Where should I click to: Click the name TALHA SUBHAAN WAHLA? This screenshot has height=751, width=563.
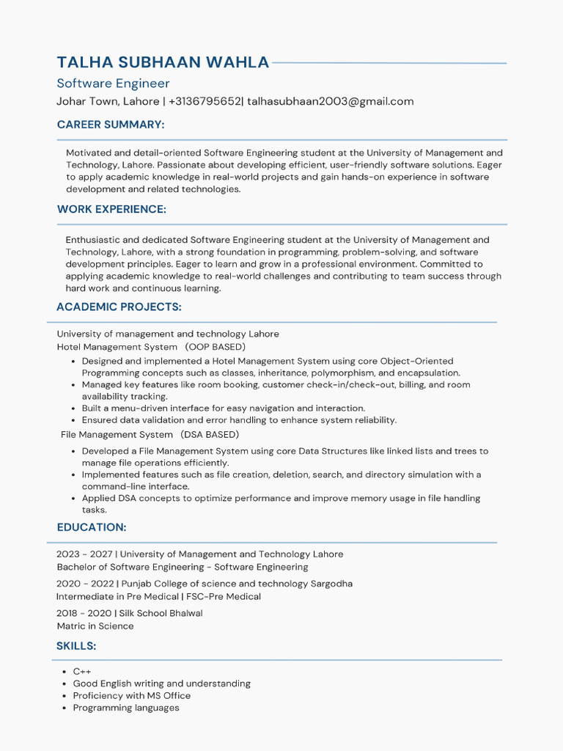[x=163, y=62]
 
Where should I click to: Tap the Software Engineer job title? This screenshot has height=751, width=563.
[x=113, y=84]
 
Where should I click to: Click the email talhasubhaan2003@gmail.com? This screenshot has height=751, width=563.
[x=330, y=101]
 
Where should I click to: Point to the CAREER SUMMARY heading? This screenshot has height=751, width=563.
[x=111, y=125]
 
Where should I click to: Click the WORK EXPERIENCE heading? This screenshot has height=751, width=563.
[x=111, y=209]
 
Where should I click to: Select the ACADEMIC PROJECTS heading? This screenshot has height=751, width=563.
[x=119, y=307]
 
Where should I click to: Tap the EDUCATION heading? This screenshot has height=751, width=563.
[x=92, y=527]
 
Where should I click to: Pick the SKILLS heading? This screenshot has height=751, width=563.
[x=76, y=645]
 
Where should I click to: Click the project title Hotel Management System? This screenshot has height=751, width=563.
[x=117, y=347]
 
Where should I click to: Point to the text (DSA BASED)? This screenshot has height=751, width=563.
[x=211, y=435]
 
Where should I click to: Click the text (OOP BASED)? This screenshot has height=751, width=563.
[x=215, y=347]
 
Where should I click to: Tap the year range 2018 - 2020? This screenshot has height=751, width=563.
[x=84, y=613]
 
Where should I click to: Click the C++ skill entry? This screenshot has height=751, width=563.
[x=82, y=672]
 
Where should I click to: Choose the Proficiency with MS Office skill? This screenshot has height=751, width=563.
[x=131, y=695]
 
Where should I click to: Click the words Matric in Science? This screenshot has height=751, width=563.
[x=95, y=626]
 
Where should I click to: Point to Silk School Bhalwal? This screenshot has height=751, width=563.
[x=161, y=613]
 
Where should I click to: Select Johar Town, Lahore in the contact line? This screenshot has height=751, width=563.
[x=108, y=101]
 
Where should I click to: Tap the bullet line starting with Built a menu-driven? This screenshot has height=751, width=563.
[x=223, y=409]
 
